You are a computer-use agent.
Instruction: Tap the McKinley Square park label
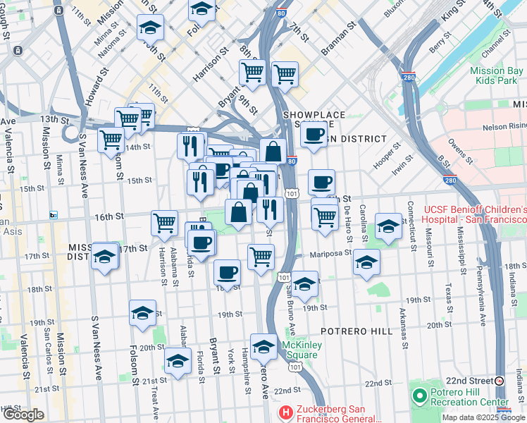click(x=301, y=349)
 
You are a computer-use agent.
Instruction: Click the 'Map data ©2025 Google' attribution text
click(x=483, y=417)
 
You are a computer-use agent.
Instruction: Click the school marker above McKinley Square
click(x=263, y=347)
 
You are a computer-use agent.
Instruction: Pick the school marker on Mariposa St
click(x=366, y=262)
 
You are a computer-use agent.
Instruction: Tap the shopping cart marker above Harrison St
click(x=164, y=222)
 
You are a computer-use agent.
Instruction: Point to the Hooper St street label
click(x=387, y=156)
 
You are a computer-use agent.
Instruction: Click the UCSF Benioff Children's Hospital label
click(x=476, y=215)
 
